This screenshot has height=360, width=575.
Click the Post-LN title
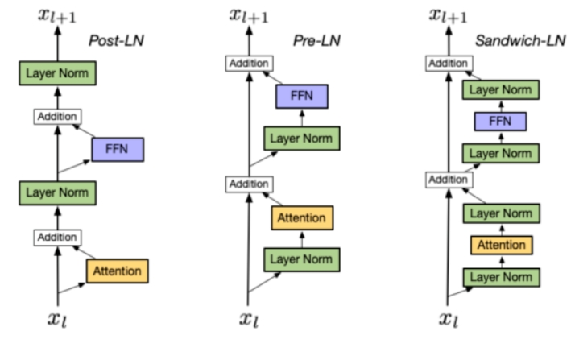(116, 40)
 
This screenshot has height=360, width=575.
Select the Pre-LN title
(316, 40)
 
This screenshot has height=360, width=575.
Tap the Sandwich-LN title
(520, 40)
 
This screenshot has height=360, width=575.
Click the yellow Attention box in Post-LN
(118, 271)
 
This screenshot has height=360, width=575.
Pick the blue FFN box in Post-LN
(118, 150)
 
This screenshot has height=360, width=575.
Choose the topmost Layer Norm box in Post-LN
(57, 73)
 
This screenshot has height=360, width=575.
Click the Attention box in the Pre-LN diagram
(302, 218)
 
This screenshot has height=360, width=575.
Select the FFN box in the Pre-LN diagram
(302, 97)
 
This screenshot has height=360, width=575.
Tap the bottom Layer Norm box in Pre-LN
(302, 260)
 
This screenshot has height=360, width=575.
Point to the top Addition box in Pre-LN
(250, 64)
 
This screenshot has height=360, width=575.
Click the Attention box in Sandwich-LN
(501, 246)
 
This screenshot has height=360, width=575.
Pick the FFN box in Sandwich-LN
(501, 122)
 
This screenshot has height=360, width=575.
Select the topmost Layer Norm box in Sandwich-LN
(501, 90)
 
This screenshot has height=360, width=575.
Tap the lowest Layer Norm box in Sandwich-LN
(501, 278)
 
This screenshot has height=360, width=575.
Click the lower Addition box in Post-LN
(57, 238)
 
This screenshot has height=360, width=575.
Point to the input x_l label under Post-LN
(57, 319)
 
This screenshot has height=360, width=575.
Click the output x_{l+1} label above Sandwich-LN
(448, 16)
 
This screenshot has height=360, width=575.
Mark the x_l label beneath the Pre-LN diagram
(249, 319)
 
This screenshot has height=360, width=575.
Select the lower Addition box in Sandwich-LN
(449, 180)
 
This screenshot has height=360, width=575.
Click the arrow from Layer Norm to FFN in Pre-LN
(302, 118)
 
